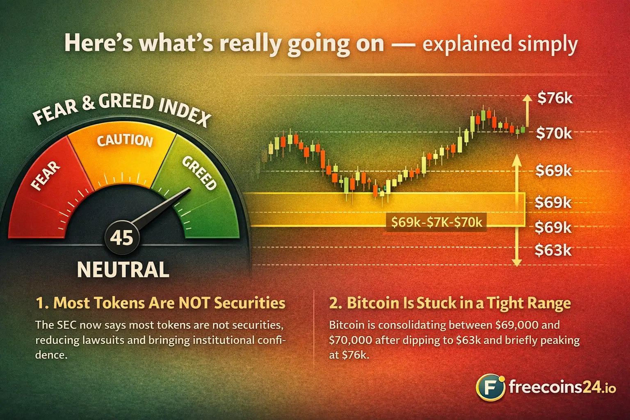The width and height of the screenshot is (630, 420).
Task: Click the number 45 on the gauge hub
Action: click(122, 237)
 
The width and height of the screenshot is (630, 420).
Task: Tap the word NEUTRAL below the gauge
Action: click(123, 269)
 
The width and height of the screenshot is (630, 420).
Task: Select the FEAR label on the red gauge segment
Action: click(46, 176)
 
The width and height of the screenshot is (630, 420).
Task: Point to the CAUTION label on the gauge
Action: click(125, 140)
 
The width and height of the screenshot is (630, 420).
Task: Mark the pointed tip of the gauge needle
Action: click(189, 189)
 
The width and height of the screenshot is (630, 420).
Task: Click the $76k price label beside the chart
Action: click(555, 98)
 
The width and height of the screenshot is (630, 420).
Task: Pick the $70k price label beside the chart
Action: click(554, 133)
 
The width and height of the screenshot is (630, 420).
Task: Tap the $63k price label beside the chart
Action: click(553, 250)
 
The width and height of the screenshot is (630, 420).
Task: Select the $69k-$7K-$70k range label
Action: click(436, 222)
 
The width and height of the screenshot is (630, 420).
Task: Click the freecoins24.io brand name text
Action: click(562, 387)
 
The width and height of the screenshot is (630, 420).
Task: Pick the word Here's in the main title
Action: click(98, 43)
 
